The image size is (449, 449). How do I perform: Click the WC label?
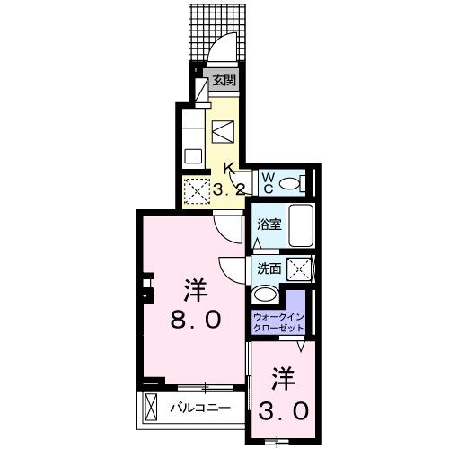268,182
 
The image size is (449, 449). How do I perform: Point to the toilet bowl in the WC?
289,184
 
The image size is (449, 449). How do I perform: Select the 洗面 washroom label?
269,268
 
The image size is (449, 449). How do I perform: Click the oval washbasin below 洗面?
267,295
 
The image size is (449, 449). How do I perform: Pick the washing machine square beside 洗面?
299,268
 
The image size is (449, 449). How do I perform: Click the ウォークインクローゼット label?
278,322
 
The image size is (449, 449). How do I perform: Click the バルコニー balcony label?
203,409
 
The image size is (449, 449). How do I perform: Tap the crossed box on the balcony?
151,409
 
